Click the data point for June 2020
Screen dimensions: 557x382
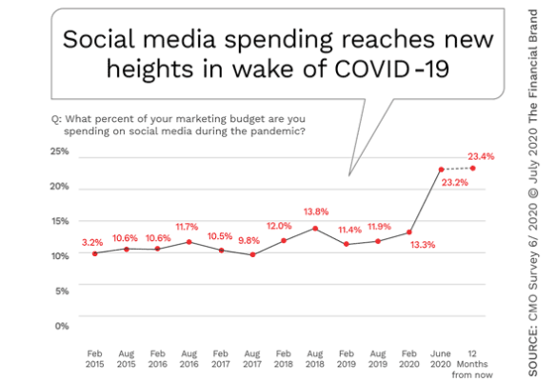[x=441, y=170]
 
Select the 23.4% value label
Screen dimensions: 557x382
[x=481, y=156]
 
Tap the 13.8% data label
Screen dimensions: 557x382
[x=316, y=211]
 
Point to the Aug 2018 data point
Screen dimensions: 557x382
[x=315, y=229]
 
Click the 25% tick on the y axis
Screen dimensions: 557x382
[x=60, y=151]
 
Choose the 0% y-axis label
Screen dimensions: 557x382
[x=62, y=326]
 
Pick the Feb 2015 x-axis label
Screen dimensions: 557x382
[x=94, y=359]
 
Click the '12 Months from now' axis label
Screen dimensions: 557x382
[x=472, y=364]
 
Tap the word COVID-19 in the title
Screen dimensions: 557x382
[x=392, y=69]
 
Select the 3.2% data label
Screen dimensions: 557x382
[x=92, y=243]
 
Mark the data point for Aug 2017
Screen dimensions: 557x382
[x=252, y=254]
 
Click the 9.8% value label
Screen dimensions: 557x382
[x=249, y=241]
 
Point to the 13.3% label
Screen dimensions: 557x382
[x=423, y=245]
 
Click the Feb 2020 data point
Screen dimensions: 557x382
[x=409, y=232]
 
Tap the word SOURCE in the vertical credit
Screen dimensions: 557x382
[x=533, y=353]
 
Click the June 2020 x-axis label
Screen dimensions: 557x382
[x=441, y=359]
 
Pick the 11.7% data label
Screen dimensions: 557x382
[x=187, y=227]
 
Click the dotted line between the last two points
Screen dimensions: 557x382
[x=457, y=169]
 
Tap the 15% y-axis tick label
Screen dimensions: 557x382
[x=60, y=221]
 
